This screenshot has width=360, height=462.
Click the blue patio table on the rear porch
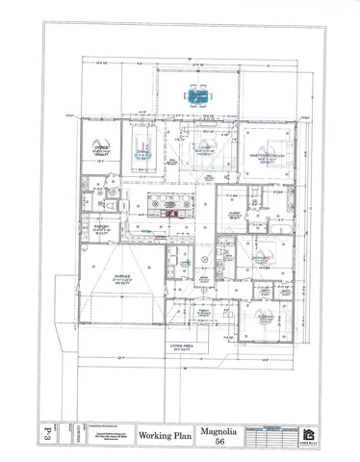(x=198, y=95)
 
